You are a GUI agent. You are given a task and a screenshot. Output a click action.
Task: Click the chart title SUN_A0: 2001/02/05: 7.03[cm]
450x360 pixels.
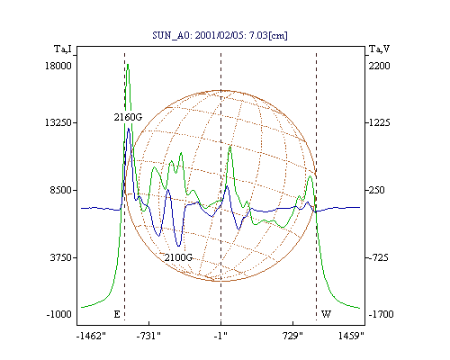pos(220,35)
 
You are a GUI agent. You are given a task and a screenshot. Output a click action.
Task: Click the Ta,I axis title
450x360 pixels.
pos(63,49)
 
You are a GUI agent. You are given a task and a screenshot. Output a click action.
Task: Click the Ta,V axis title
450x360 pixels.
pos(379,49)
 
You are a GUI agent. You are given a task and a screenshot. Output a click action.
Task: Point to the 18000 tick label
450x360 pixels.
pos(58,66)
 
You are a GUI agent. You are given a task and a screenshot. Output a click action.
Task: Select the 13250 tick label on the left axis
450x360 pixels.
pos(58,122)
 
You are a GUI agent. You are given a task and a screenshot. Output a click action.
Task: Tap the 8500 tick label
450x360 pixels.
pos(61,190)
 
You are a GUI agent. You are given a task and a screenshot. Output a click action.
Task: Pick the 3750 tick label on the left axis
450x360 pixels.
pos(61,257)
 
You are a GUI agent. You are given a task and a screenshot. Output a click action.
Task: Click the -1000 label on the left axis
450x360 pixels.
pos(59,314)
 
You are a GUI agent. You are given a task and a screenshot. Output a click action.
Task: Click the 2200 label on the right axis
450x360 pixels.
pos(379,66)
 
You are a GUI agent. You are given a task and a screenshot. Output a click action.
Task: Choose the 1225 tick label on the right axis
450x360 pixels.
pos(379,122)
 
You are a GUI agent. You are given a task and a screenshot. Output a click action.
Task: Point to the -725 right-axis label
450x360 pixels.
pos(377,257)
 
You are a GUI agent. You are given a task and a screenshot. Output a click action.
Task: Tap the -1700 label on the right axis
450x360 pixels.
pos(381,314)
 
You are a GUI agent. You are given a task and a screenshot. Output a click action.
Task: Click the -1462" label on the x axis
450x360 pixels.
pos(91,336)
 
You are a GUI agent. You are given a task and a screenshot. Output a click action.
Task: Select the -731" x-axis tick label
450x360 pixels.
pos(148,336)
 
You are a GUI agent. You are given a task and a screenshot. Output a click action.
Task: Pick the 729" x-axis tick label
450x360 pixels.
pos(292,336)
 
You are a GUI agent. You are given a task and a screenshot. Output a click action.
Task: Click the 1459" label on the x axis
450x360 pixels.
pos(351,336)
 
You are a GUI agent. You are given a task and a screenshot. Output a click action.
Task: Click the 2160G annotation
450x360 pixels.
pos(128,117)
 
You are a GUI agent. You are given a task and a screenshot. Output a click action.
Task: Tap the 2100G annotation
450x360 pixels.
pos(178,257)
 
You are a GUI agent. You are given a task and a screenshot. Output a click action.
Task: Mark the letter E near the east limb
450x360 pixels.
pos(117,314)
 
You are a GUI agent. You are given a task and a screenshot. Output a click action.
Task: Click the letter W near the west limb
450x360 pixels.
pos(326,314)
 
